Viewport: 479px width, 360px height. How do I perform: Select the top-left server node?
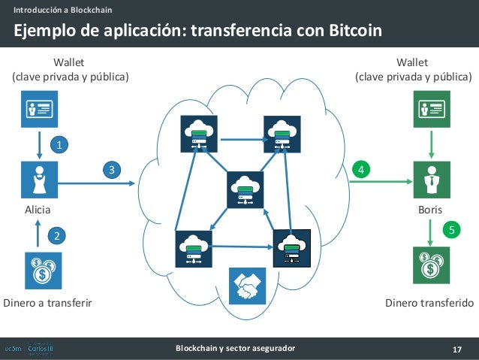pos(198,135)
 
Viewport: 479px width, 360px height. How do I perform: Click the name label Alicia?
pos(38,210)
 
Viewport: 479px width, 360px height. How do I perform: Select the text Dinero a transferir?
pos(47,304)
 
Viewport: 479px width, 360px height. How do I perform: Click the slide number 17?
pos(456,349)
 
